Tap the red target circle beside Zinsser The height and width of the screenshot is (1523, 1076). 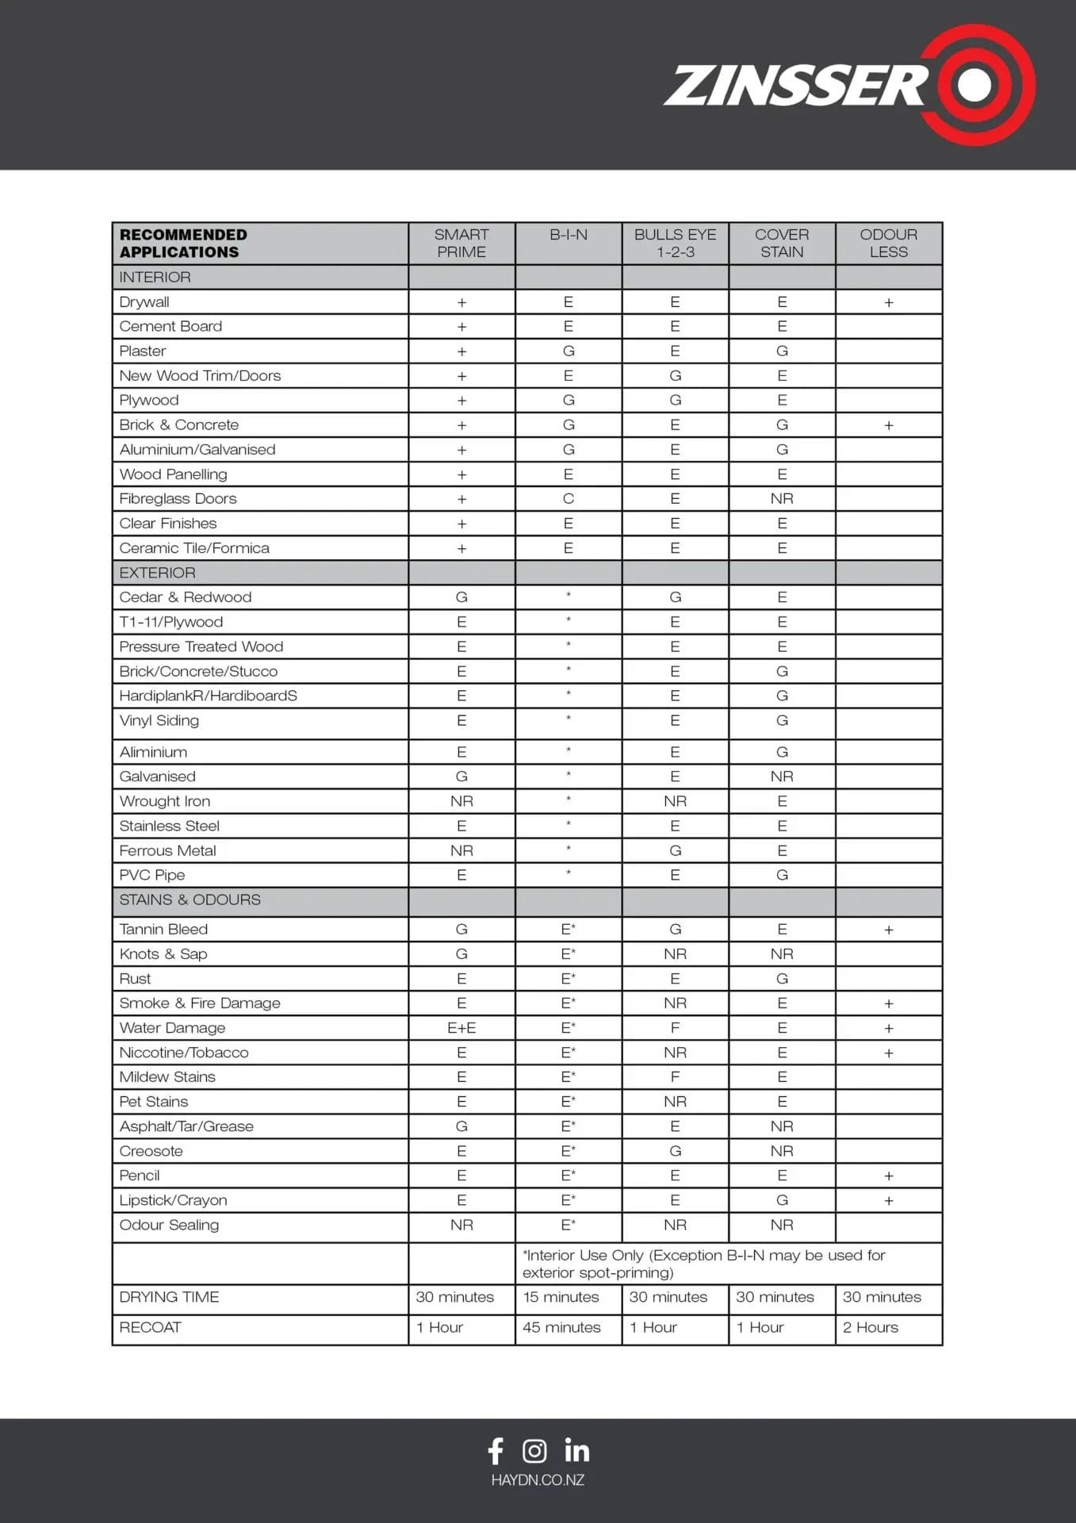975,85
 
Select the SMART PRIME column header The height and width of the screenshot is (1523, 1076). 461,244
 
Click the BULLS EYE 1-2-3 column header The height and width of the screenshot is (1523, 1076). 675,244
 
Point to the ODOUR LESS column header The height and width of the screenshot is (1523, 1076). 888,244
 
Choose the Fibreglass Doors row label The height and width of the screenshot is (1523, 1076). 178,499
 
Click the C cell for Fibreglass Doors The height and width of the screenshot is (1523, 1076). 569,499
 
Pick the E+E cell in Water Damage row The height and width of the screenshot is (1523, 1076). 461,1028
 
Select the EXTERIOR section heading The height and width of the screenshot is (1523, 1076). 157,573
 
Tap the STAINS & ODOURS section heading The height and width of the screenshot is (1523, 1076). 190,900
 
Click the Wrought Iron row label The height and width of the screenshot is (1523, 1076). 164,801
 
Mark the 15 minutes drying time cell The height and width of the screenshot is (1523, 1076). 561,1297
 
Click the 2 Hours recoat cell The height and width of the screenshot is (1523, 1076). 870,1327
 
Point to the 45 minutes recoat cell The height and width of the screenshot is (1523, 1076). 561,1327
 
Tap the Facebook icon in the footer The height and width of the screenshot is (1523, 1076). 496,1451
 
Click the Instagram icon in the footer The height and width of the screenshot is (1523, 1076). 534,1451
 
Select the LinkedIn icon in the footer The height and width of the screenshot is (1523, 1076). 577,1451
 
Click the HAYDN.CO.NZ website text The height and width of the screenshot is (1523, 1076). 538,1480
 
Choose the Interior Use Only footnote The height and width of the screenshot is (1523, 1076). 703,1264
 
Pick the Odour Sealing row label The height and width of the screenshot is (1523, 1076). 169,1225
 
